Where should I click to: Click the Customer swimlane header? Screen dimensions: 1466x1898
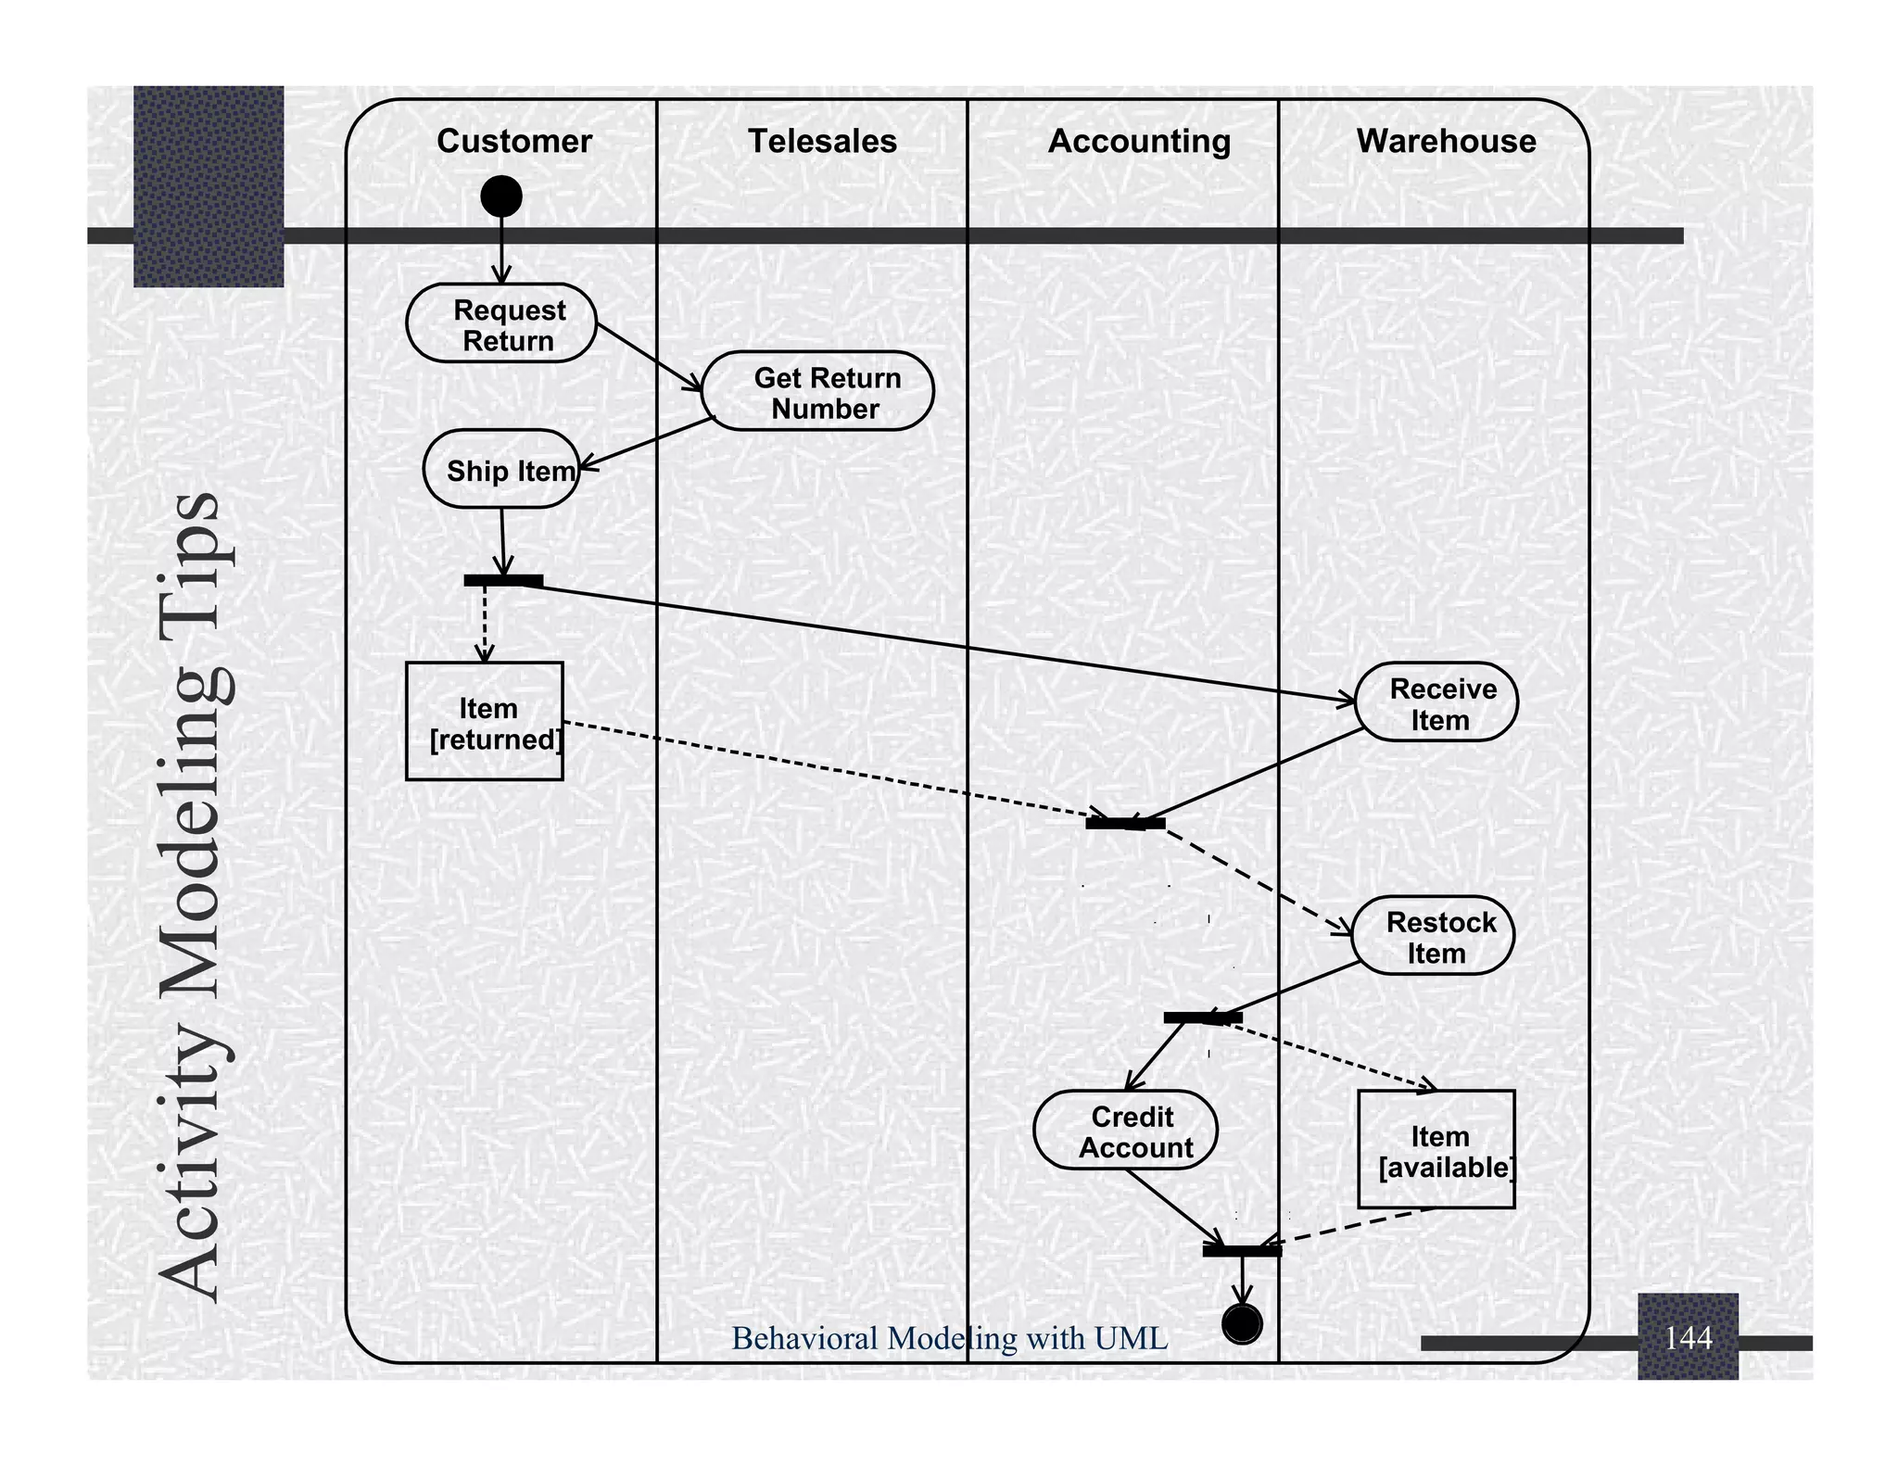pyautogui.click(x=513, y=141)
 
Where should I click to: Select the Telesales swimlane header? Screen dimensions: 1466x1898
pyautogui.click(x=822, y=141)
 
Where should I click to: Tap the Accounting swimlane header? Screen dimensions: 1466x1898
pyautogui.click(x=1139, y=141)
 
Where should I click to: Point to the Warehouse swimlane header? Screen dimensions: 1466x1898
pyautogui.click(x=1446, y=141)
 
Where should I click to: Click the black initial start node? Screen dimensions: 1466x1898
pyautogui.click(x=501, y=196)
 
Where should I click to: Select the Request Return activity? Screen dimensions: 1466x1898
pyautogui.click(x=501, y=323)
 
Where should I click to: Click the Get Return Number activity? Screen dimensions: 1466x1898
pyautogui.click(x=818, y=391)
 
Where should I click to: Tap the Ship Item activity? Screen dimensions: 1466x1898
pyautogui.click(x=501, y=469)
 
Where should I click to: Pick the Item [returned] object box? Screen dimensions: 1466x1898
pyautogui.click(x=485, y=721)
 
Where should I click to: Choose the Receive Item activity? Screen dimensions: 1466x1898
pyautogui.click(x=1436, y=702)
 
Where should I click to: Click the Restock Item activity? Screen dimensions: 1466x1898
pyautogui.click(x=1433, y=936)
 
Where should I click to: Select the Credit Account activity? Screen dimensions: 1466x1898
pyautogui.click(x=1126, y=1131)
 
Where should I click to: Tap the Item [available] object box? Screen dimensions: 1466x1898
pyautogui.click(x=1436, y=1150)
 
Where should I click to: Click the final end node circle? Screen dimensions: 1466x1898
pyautogui.click(x=1242, y=1323)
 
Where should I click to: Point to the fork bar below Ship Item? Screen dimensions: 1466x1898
pyautogui.click(x=503, y=581)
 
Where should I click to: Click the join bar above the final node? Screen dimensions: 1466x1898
pyautogui.click(x=1242, y=1251)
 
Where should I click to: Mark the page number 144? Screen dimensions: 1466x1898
pyautogui.click(x=1688, y=1338)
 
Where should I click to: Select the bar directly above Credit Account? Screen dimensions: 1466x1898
pyautogui.click(x=1203, y=1018)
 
